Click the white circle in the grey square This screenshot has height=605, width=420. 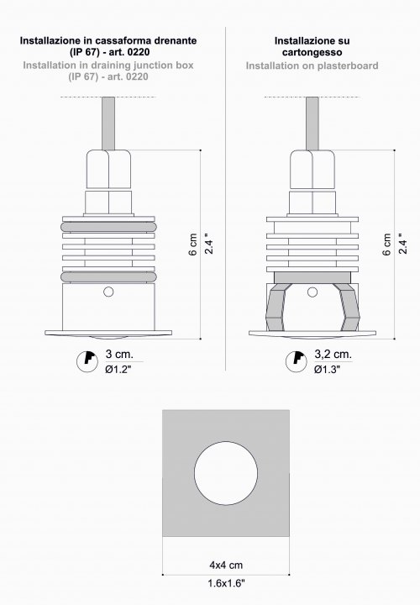tap(226, 473)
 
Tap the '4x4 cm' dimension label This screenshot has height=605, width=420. tap(226, 566)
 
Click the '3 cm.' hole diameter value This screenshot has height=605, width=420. tap(119, 354)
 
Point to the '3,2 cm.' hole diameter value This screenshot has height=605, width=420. tap(333, 354)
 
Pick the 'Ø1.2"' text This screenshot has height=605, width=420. tap(118, 369)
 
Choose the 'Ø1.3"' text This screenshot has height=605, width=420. tap(327, 369)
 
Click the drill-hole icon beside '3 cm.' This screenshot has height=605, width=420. tap(87, 361)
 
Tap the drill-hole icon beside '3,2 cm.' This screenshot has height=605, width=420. tap(297, 361)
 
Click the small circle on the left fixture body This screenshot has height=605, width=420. tap(108, 292)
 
